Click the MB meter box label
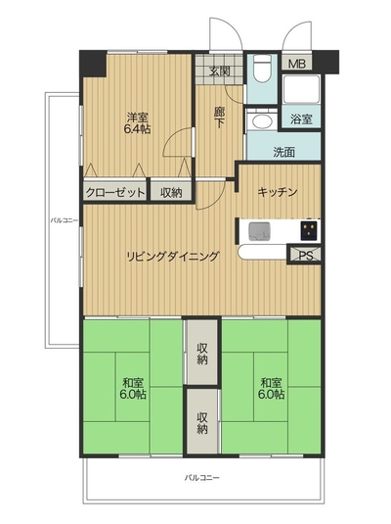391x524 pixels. tap(297, 64)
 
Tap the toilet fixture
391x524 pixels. tap(262, 69)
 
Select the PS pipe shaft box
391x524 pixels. tap(305, 255)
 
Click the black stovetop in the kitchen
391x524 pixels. tap(309, 231)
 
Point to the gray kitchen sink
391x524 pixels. tap(259, 231)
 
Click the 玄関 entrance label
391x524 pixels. tap(220, 71)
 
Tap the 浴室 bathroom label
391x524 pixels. tap(301, 119)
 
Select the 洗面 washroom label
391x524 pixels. tap(284, 152)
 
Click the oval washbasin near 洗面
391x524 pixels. tap(262, 121)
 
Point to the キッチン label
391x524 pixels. tap(278, 192)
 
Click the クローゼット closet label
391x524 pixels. tap(115, 193)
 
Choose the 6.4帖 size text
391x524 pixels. tap(137, 129)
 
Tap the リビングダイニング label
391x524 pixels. tap(172, 257)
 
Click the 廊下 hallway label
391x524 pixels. tap(219, 118)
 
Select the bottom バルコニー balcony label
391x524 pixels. tap(202, 478)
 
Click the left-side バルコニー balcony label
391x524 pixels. tap(65, 220)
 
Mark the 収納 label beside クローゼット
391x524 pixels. tap(171, 193)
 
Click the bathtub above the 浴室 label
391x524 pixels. tap(301, 89)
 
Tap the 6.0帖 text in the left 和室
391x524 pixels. tap(133, 395)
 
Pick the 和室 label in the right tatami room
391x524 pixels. tap(271, 382)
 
